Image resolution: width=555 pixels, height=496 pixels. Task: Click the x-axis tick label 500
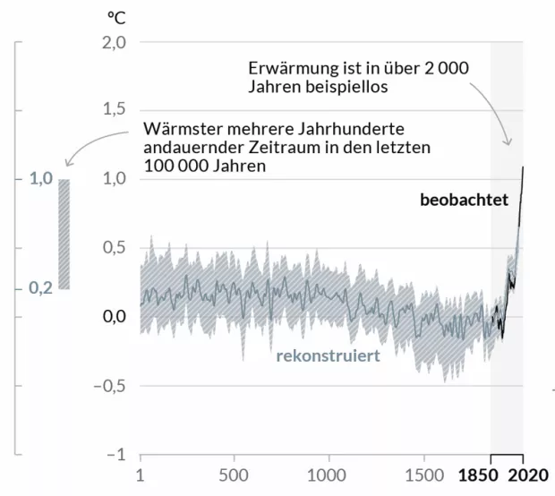pyautogui.click(x=234, y=475)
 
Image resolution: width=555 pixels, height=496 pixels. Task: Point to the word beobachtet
pyautogui.click(x=464, y=200)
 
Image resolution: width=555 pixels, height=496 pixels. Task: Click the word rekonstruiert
pyautogui.click(x=329, y=355)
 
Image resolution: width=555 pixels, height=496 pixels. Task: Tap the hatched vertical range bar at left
pyautogui.click(x=64, y=234)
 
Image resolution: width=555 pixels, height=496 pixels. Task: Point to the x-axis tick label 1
pyautogui.click(x=141, y=475)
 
